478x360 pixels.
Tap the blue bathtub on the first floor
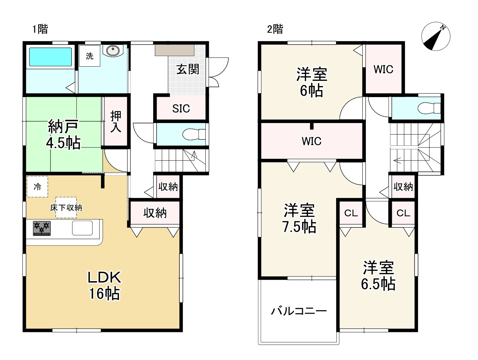(x=50, y=57)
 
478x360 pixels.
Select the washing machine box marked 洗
(x=89, y=56)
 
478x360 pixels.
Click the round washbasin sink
(x=113, y=51)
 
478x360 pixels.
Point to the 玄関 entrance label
(x=187, y=69)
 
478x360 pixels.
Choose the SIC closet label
(x=181, y=108)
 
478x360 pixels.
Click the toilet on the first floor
(x=194, y=134)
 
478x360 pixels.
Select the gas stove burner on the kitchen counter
(x=42, y=229)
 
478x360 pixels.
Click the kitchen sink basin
(x=82, y=228)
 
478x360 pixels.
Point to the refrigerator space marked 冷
(x=37, y=186)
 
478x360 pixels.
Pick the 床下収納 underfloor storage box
(x=66, y=208)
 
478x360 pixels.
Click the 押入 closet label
(x=116, y=122)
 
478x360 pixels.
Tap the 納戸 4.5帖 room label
(x=63, y=134)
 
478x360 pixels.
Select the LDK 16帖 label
(x=104, y=286)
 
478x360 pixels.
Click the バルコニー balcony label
(x=299, y=311)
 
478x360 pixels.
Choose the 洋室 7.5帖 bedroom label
(x=299, y=218)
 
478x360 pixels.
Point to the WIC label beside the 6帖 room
(x=383, y=69)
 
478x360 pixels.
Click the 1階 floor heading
(x=40, y=29)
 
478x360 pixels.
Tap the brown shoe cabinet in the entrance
(x=175, y=50)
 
